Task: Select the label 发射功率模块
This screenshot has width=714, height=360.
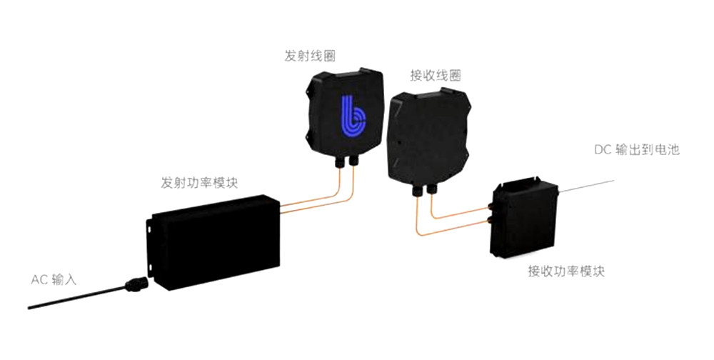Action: (x=199, y=183)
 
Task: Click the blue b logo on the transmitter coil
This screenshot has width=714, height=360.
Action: (x=351, y=116)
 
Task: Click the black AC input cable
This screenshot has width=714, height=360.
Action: (x=71, y=299)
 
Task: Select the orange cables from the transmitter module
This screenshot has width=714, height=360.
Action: (x=314, y=204)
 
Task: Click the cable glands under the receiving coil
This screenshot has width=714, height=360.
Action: (x=422, y=189)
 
